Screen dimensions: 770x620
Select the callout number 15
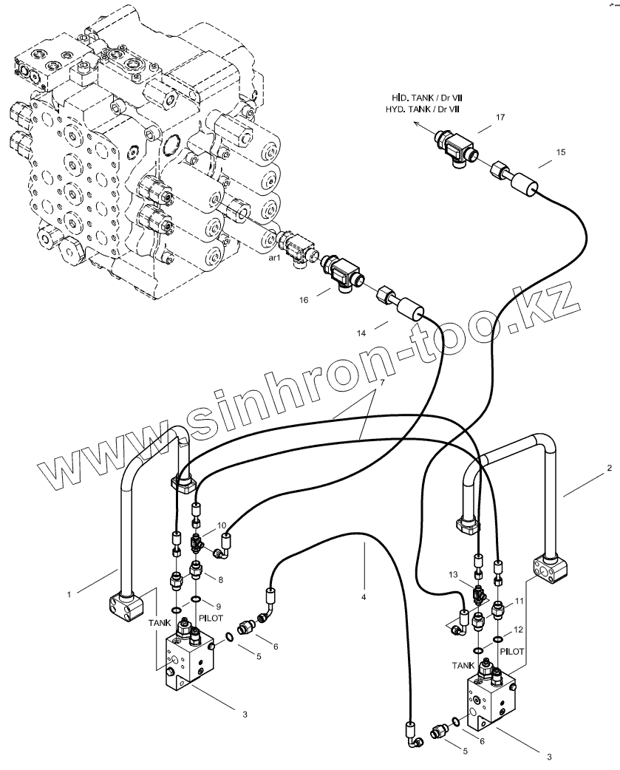pyautogui.click(x=561, y=152)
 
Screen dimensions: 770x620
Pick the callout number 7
pyautogui.click(x=383, y=384)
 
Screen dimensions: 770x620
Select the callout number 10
pyautogui.click(x=222, y=525)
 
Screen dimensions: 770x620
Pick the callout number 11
pyautogui.click(x=519, y=602)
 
